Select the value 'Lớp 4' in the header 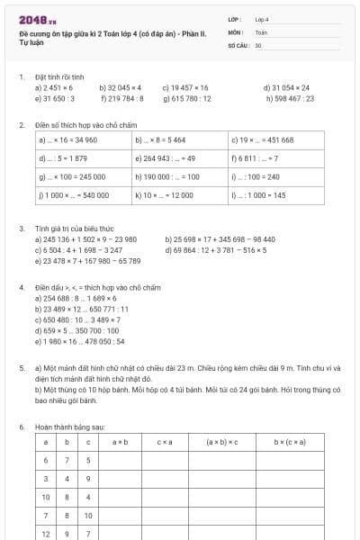pyautogui.click(x=262, y=19)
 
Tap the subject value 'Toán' pyautogui.click(x=261, y=31)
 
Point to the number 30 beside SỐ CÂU pyautogui.click(x=258, y=44)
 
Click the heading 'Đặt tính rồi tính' pyautogui.click(x=60, y=77)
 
